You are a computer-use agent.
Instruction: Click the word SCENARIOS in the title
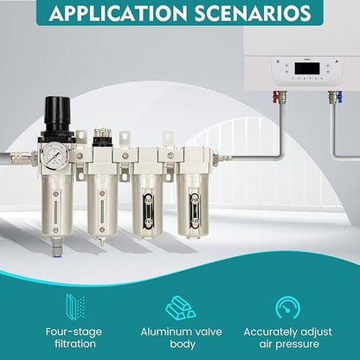point(253,12)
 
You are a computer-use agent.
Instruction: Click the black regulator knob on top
point(57,113)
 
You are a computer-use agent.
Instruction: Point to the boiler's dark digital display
point(307,68)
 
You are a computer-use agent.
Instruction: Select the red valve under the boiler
point(276,97)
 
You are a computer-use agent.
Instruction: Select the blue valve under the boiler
point(339,97)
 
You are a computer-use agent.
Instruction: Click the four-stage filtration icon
point(75,307)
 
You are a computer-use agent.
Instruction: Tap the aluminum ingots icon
point(180,307)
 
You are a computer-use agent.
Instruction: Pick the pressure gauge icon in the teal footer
point(287,307)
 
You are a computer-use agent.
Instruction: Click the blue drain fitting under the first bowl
point(57,252)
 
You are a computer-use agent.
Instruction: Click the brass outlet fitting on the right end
point(222,157)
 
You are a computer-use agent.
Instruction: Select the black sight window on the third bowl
point(148,211)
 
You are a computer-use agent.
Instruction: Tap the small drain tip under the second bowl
point(101,241)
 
